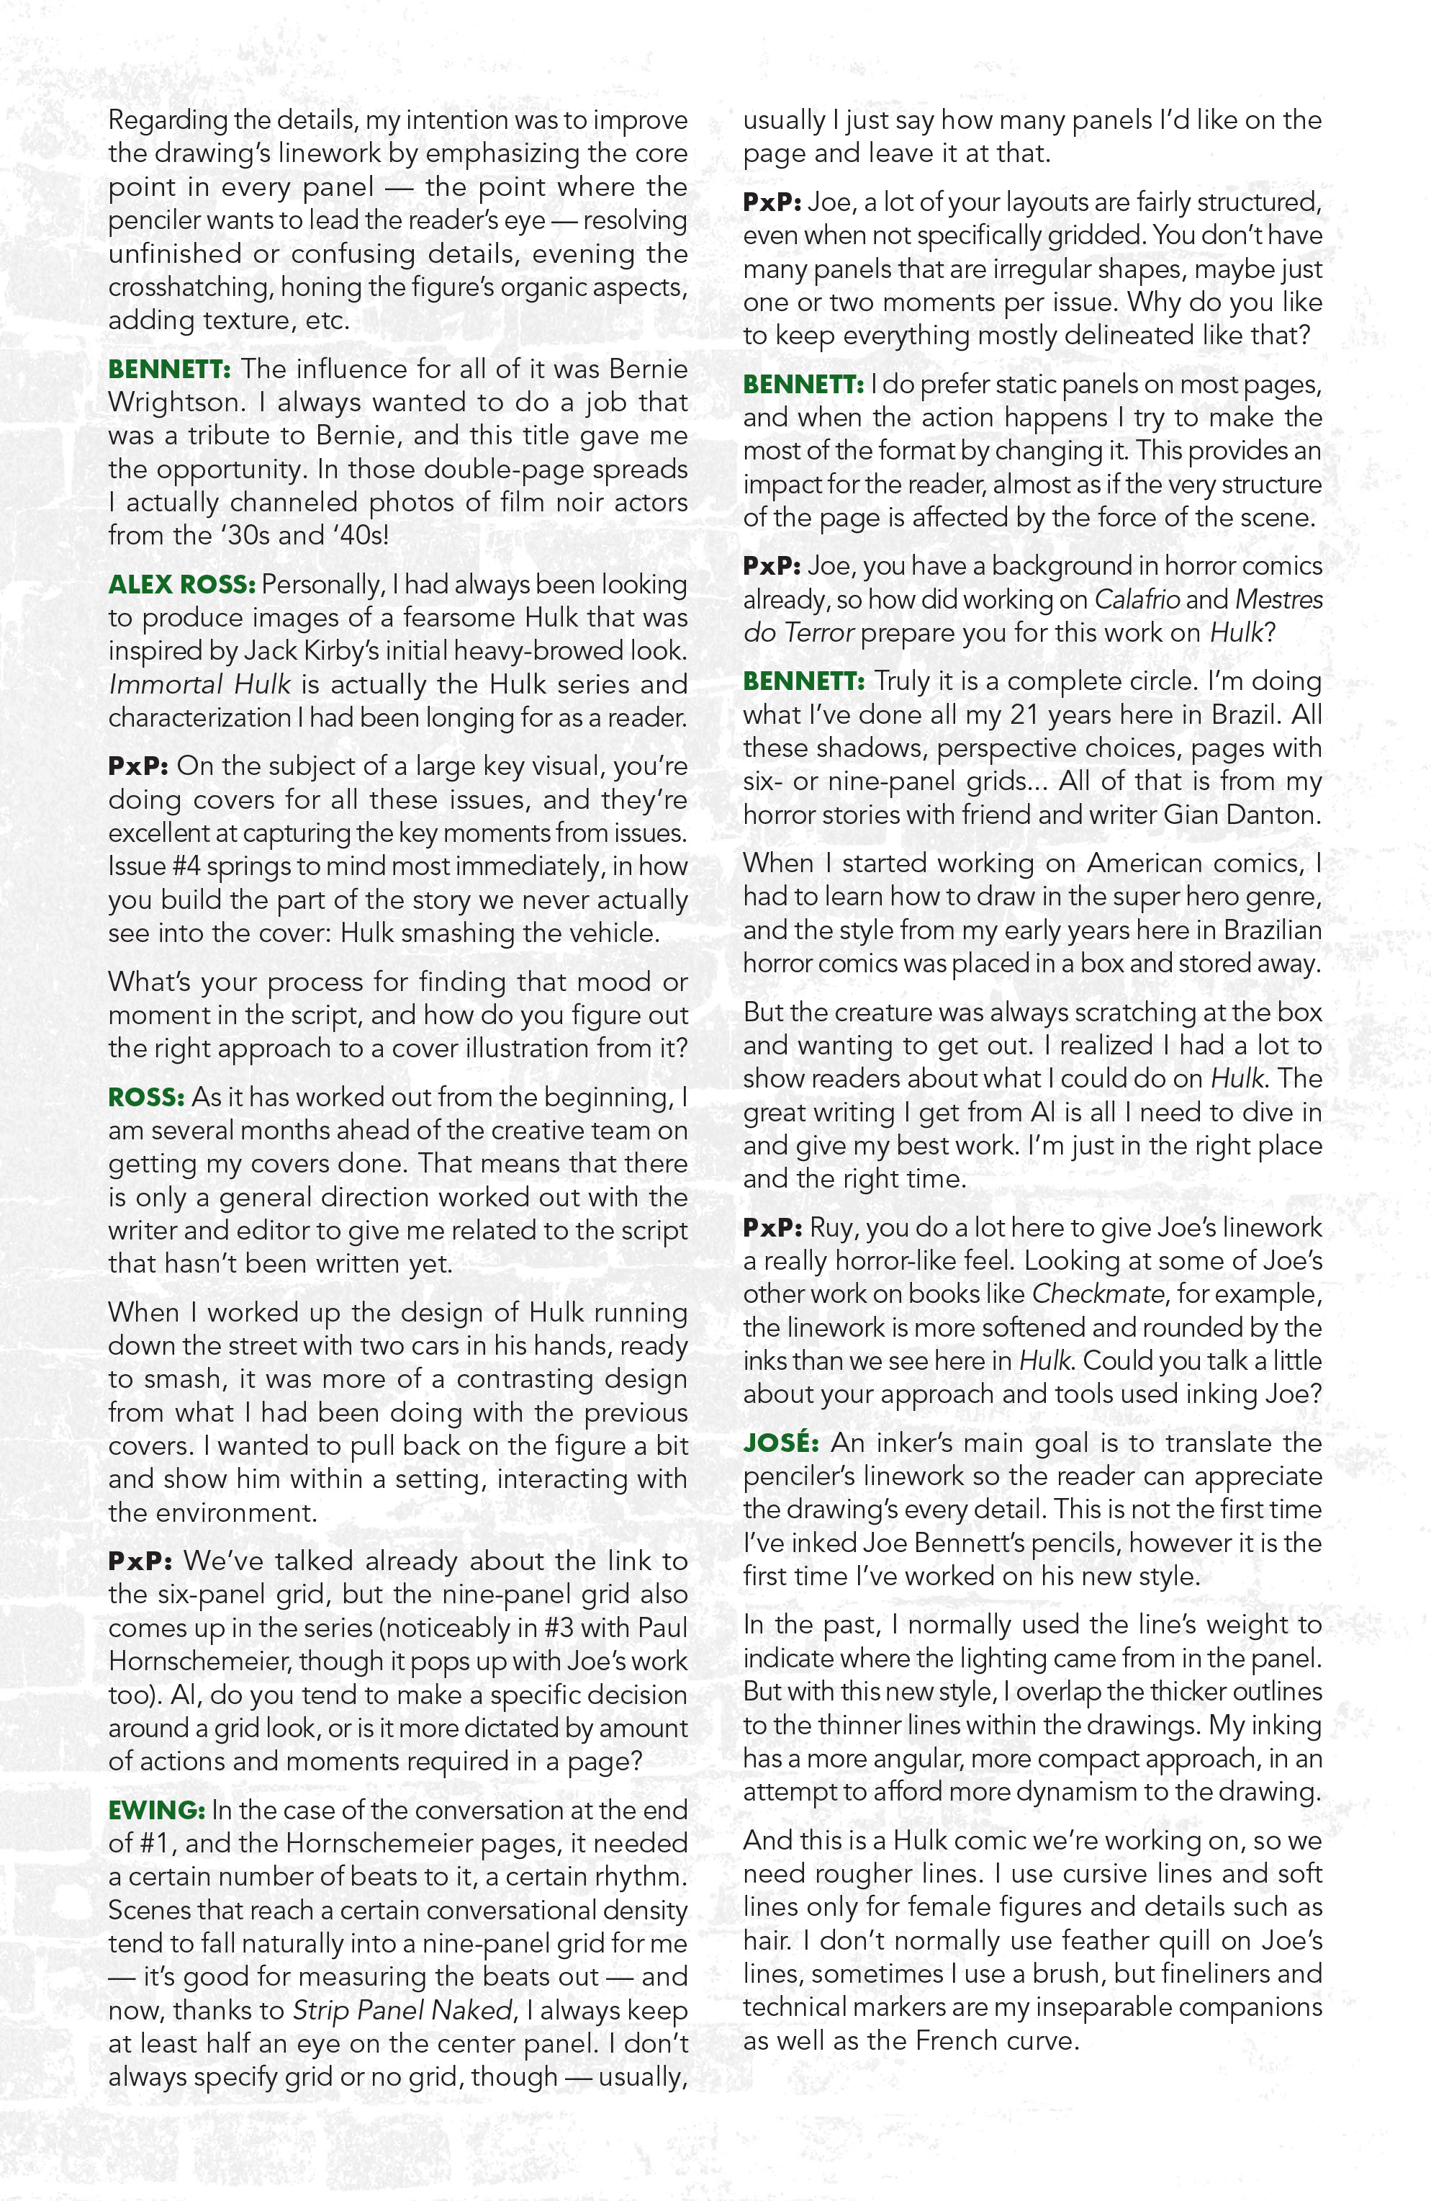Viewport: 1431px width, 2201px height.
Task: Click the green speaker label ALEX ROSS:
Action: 181,585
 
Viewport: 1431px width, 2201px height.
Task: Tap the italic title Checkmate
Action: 1097,1293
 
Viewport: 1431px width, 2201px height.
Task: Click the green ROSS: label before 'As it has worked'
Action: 147,1097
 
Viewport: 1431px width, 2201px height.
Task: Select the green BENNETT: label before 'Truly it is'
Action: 803,681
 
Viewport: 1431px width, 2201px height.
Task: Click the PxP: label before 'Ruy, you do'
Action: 773,1227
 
